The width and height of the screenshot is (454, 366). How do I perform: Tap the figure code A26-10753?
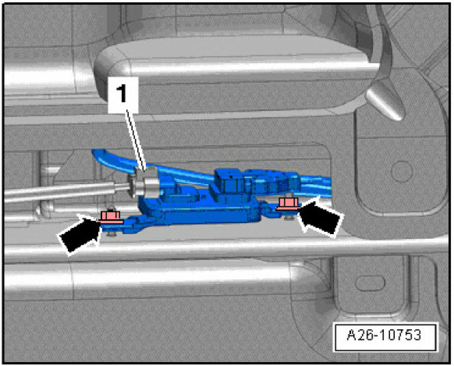[x=384, y=335]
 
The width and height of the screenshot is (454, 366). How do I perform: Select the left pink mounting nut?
[x=110, y=217]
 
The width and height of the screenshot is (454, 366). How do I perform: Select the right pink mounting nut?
[x=288, y=204]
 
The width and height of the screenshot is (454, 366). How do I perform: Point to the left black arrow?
[x=80, y=235]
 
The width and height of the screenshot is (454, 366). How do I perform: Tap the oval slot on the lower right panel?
[x=370, y=283]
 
